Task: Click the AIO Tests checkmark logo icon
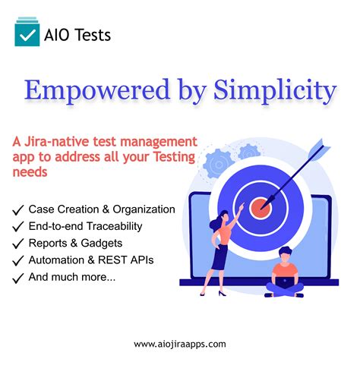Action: tap(27, 34)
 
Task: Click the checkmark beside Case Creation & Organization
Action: tap(17, 209)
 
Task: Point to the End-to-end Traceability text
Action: tap(85, 226)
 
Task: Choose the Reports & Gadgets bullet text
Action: tap(75, 244)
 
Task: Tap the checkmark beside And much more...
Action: tap(17, 278)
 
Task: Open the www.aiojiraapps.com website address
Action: tap(180, 344)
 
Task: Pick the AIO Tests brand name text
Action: tap(77, 35)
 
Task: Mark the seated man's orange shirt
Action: tap(285, 270)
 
